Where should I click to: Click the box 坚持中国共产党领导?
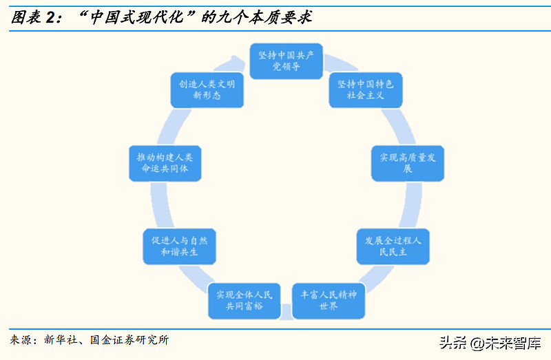(x=285, y=61)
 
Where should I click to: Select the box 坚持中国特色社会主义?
(x=365, y=89)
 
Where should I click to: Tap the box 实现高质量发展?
(x=408, y=162)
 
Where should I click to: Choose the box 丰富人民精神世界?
(x=329, y=300)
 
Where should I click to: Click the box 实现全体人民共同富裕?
(x=245, y=300)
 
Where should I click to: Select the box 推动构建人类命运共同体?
(x=165, y=162)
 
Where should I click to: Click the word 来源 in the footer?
(x=21, y=340)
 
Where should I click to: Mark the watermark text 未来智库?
(x=516, y=342)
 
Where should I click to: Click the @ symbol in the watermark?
(x=479, y=342)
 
